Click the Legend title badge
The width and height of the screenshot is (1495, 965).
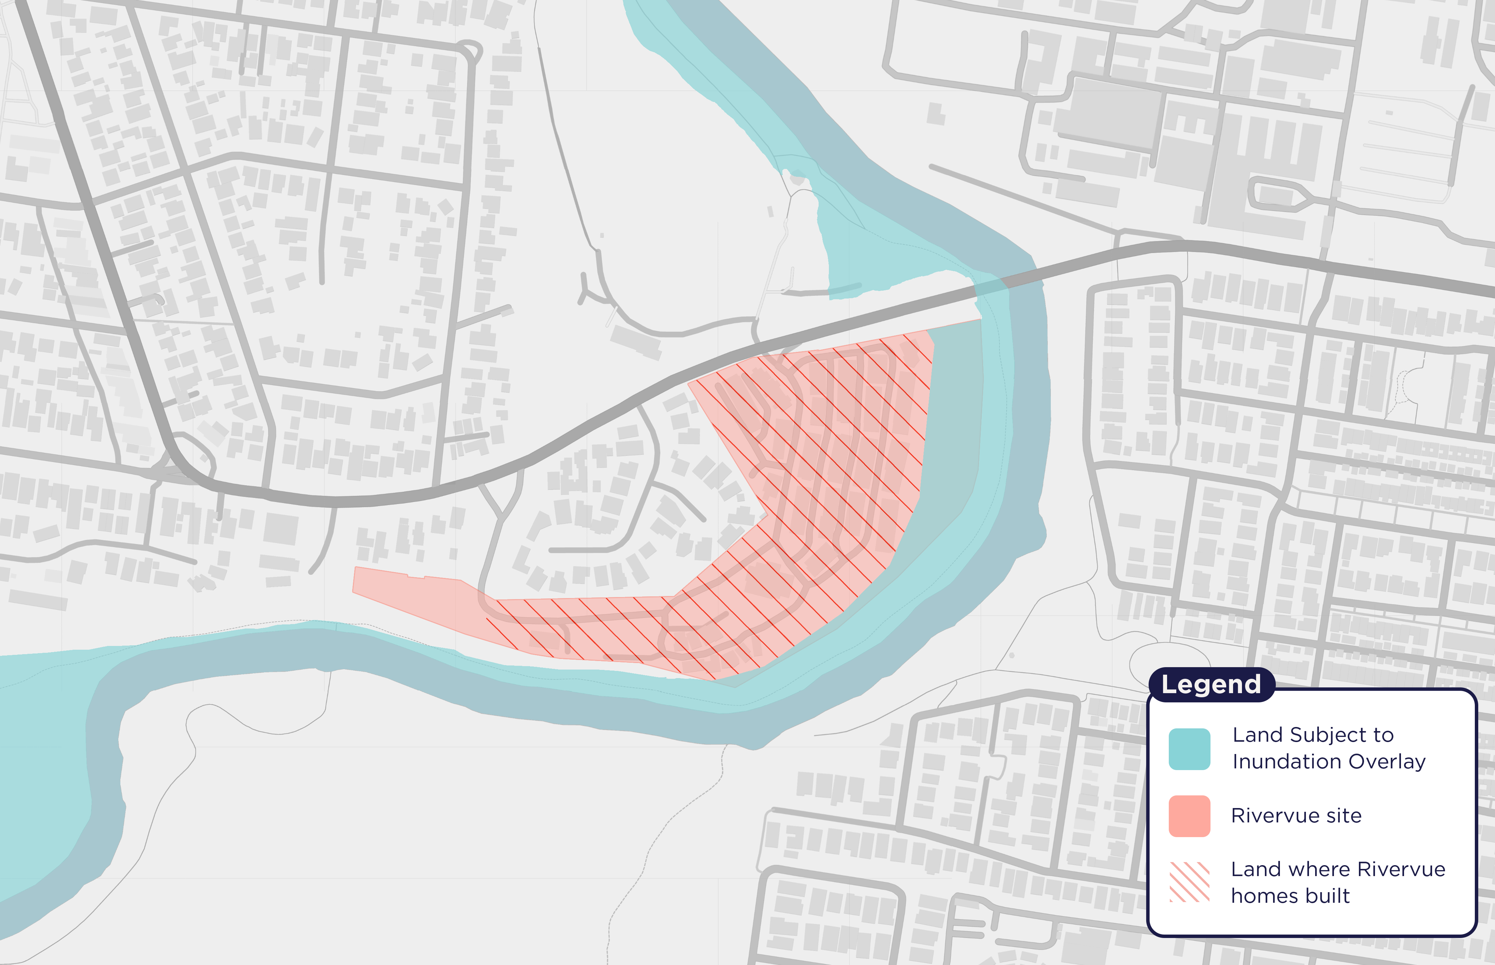1210,684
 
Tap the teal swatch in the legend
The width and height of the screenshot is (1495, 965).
1189,749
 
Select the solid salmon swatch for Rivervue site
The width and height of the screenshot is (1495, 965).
1189,816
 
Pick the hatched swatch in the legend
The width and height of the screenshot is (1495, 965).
1189,882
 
